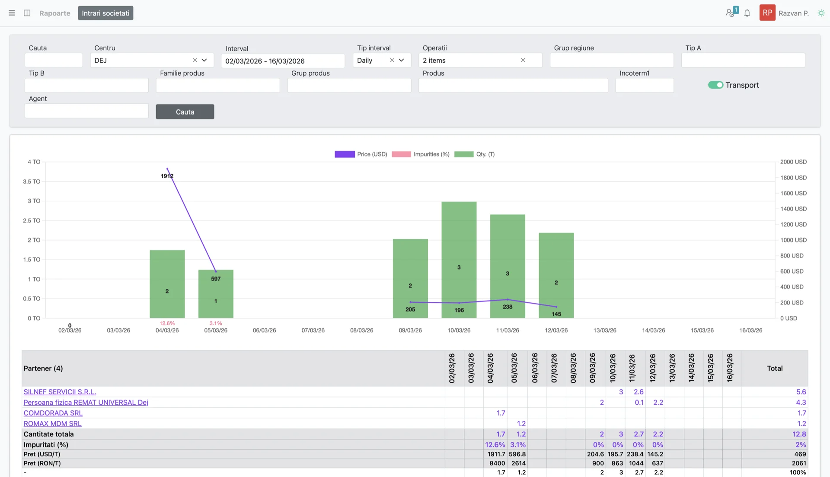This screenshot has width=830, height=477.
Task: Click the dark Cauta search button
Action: click(x=185, y=112)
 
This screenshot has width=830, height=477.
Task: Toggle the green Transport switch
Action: click(x=715, y=85)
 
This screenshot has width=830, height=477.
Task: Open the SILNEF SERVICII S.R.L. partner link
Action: click(x=60, y=392)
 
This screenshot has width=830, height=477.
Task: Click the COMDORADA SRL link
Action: click(x=53, y=413)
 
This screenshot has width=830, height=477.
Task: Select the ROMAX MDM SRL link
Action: click(x=52, y=423)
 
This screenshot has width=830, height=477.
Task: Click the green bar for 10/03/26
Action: click(x=459, y=259)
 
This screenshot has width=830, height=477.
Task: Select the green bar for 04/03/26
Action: click(x=167, y=284)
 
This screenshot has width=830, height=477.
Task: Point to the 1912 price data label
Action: click(x=167, y=176)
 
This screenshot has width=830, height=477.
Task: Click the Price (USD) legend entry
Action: click(x=361, y=154)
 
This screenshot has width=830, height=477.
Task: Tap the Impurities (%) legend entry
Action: click(x=421, y=154)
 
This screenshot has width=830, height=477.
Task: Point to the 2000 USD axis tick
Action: click(x=793, y=162)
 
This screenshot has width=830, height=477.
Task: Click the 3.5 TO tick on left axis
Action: click(x=32, y=182)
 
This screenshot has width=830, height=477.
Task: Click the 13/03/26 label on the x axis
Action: click(x=605, y=330)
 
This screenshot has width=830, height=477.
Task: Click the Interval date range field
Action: click(x=283, y=61)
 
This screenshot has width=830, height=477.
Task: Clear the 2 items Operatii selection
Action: click(x=523, y=60)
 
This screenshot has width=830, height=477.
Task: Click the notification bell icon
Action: click(x=747, y=13)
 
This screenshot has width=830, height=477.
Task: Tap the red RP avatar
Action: click(x=767, y=13)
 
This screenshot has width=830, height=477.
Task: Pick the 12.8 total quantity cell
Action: click(x=799, y=434)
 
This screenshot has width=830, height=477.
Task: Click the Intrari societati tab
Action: click(x=105, y=13)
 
